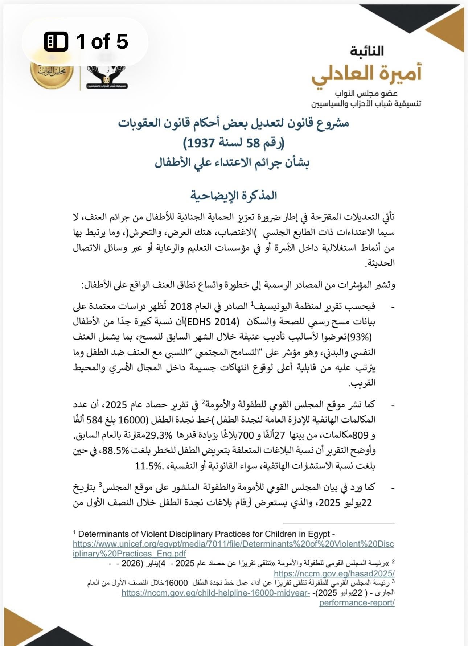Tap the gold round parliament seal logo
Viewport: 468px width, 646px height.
click(52, 71)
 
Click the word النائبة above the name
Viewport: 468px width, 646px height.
click(367, 51)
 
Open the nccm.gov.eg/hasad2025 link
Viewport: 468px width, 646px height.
click(334, 573)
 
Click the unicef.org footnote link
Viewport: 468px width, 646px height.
click(233, 544)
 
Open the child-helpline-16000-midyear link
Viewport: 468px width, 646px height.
click(216, 593)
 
